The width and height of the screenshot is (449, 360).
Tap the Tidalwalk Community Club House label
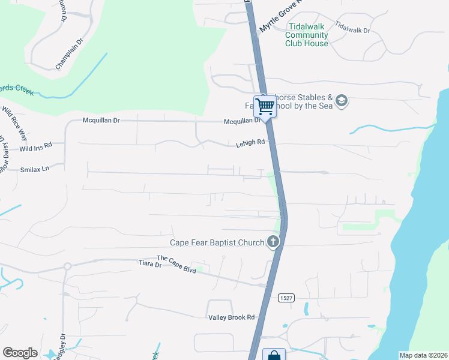[x=307, y=35]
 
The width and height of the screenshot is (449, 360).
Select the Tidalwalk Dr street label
[x=352, y=26]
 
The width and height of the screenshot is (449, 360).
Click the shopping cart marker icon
[x=265, y=107]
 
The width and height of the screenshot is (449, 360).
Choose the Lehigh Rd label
[x=250, y=143]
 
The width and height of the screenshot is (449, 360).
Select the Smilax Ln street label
[x=34, y=170]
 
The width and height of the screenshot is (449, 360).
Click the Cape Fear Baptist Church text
[x=217, y=243]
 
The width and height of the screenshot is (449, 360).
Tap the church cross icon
[x=273, y=242]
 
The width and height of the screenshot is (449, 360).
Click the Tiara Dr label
[x=150, y=263]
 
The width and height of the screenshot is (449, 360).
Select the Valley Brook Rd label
[x=232, y=317]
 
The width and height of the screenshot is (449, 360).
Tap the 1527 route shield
[x=286, y=298]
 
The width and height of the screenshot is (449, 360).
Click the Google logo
[x=20, y=353]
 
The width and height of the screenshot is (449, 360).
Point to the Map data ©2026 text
[x=423, y=355]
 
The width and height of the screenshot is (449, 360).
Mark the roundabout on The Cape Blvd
[x=67, y=266]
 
